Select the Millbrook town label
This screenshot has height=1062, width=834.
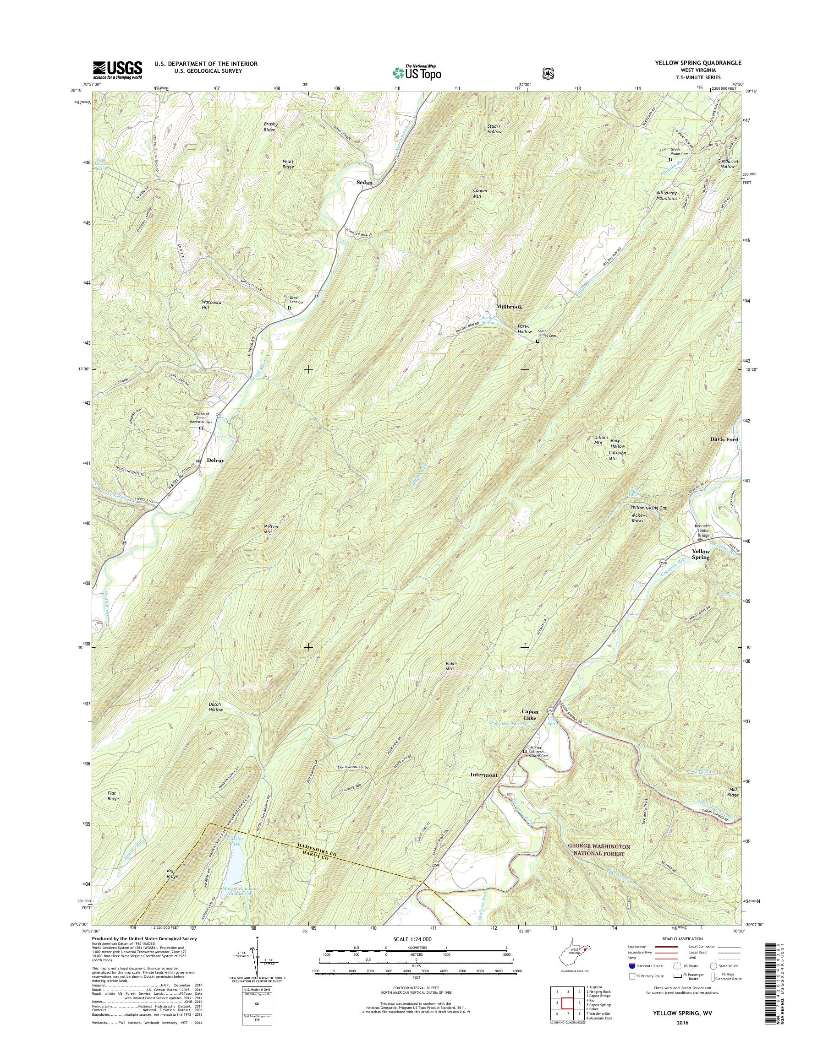click(x=509, y=307)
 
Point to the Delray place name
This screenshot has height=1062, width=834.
click(x=215, y=460)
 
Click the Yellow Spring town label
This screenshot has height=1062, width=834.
click(x=701, y=554)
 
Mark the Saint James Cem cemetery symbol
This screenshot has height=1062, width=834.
click(x=538, y=341)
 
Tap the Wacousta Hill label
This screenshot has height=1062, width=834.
click(x=212, y=305)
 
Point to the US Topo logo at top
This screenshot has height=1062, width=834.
click(x=417, y=72)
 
